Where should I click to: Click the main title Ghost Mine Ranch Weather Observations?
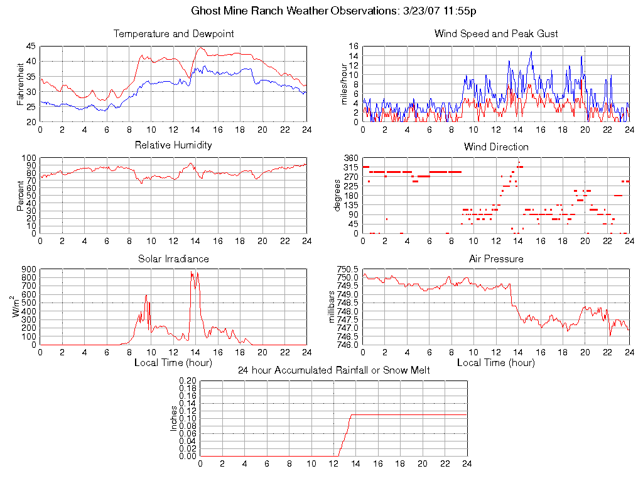click(333, 11)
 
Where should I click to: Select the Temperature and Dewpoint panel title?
click(173, 33)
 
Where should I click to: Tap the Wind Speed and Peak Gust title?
click(496, 33)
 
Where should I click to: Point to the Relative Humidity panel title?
click(173, 145)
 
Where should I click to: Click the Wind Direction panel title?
click(496, 147)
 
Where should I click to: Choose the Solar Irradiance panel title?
click(173, 258)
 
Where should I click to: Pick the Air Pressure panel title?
click(496, 258)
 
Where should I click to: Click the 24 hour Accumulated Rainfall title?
click(333, 370)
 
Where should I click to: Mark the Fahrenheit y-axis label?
click(21, 84)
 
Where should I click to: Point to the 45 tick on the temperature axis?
click(31, 46)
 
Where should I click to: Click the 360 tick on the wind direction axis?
click(351, 158)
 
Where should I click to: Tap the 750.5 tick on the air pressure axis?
click(347, 269)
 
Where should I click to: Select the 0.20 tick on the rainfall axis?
click(188, 381)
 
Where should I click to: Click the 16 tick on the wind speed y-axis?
click(354, 46)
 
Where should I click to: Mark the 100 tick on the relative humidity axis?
click(29, 158)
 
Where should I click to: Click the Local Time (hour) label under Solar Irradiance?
click(173, 362)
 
